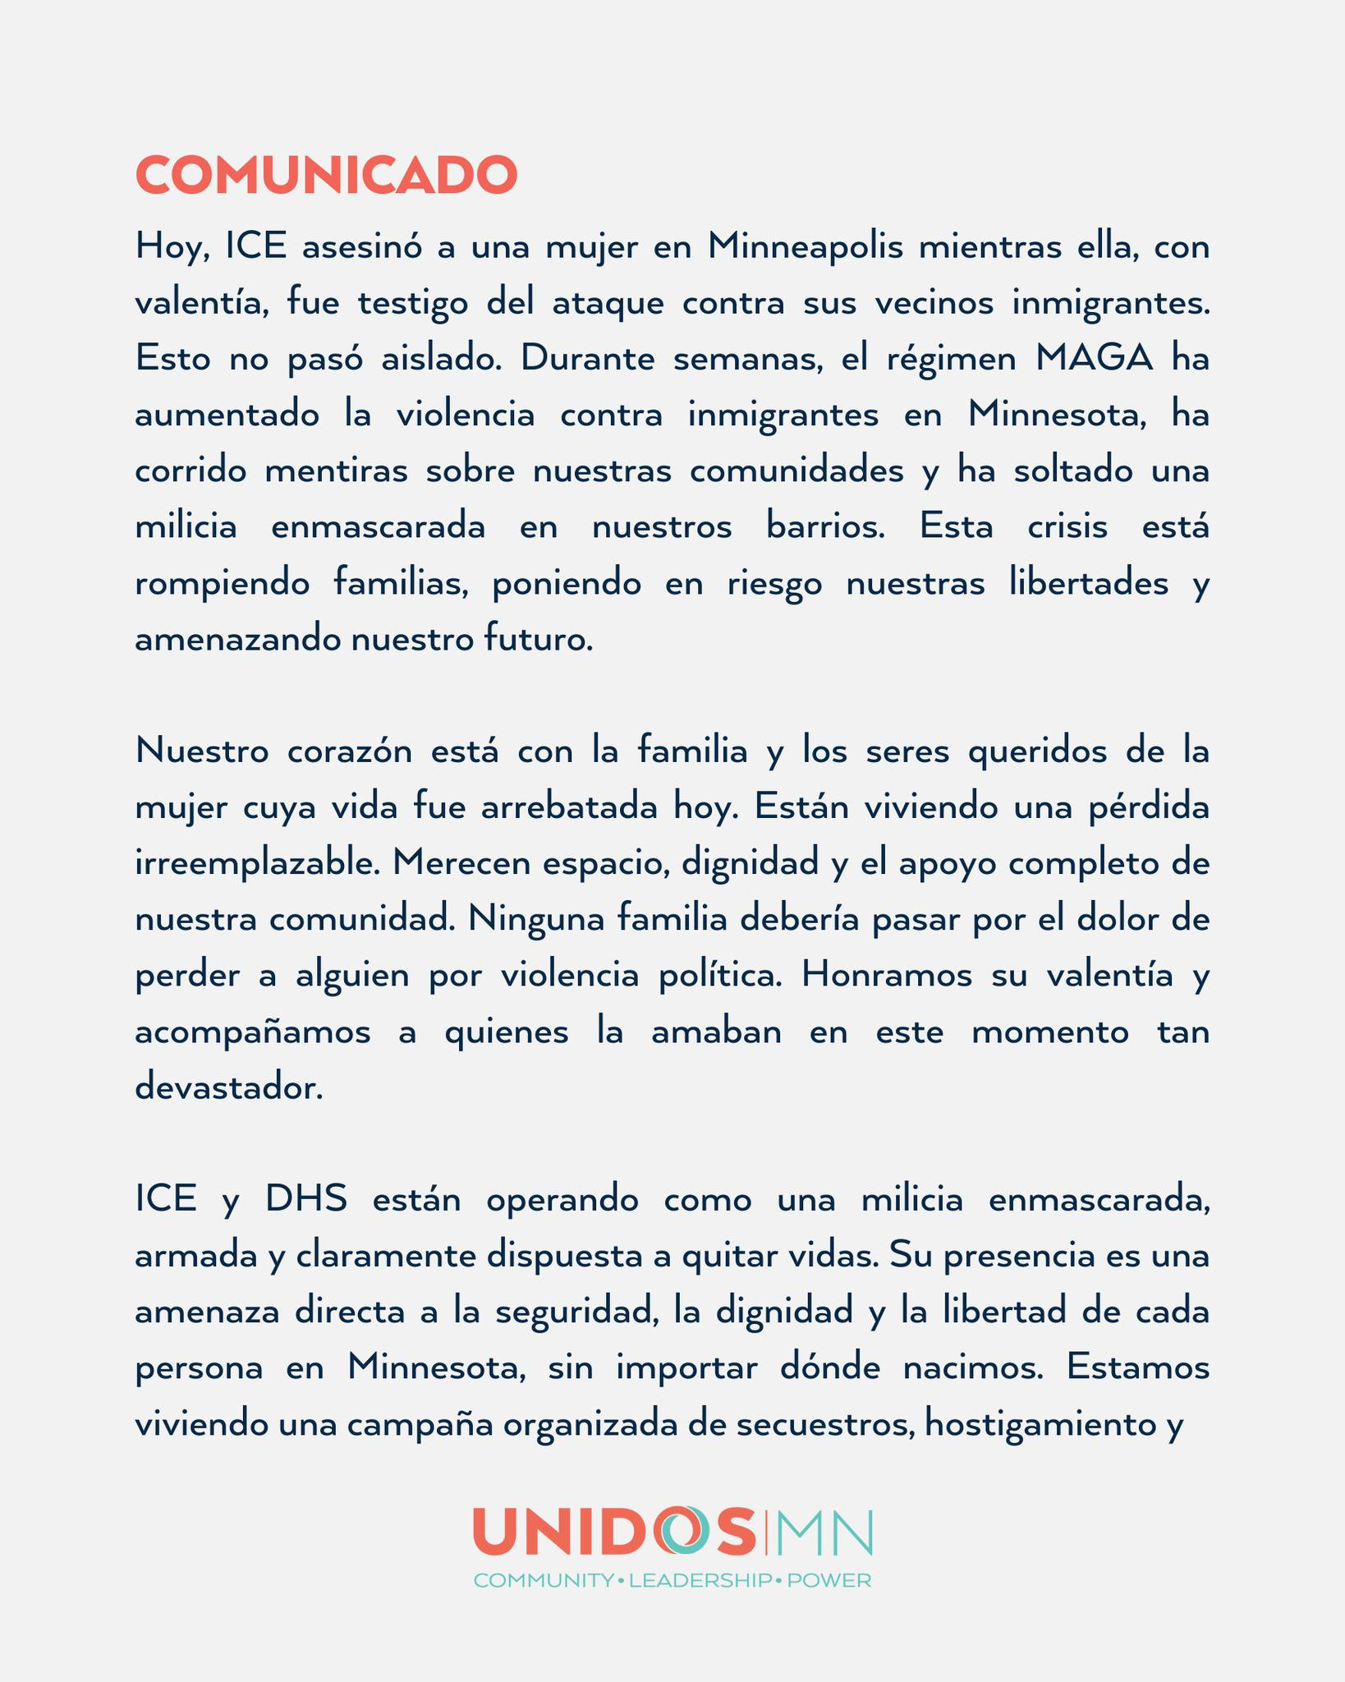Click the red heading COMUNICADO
tap(326, 175)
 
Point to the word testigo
tap(415, 303)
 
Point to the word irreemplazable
tap(257, 864)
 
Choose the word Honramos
tap(889, 976)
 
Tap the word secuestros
tap(824, 1424)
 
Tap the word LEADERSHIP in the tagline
tap(700, 1581)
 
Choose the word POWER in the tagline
tap(829, 1581)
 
